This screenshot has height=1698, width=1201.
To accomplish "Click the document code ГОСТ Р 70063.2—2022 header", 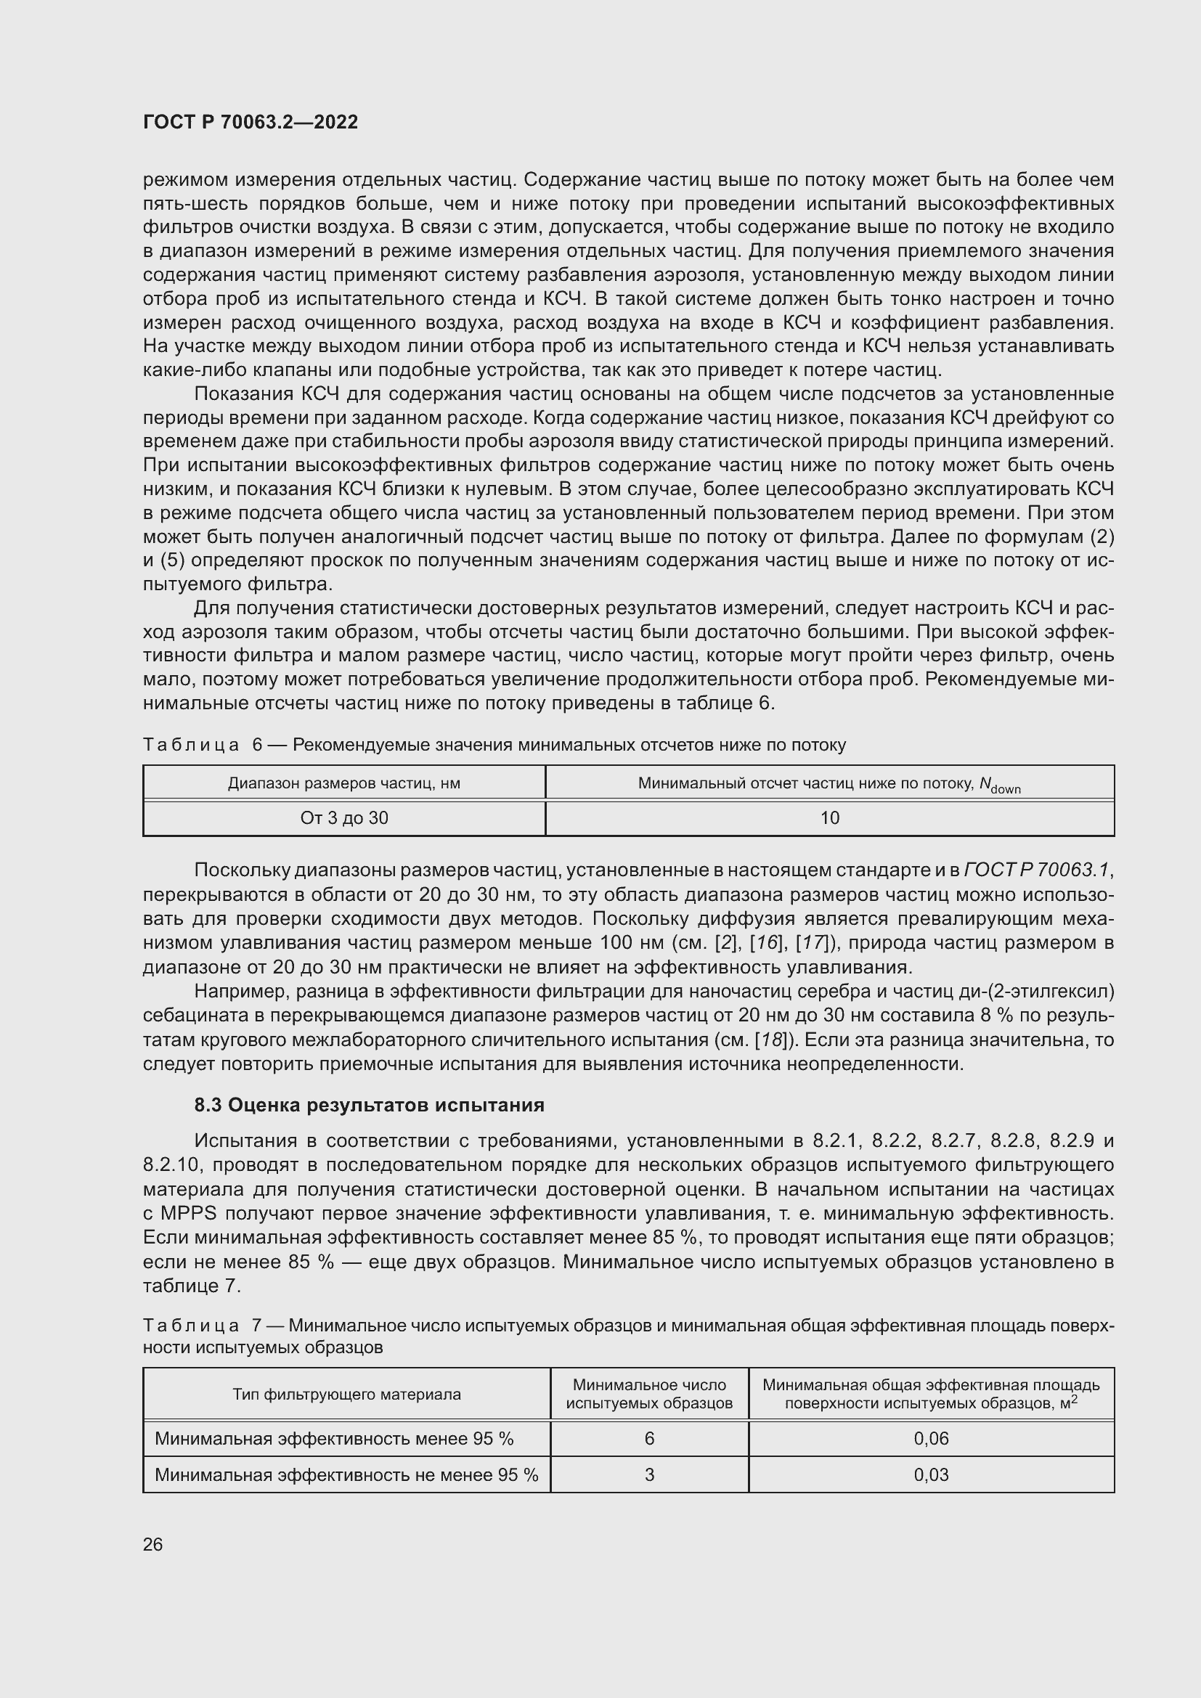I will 250,122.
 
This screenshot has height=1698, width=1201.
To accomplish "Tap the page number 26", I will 153,1544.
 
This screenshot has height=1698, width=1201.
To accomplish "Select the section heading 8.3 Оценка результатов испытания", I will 369,1105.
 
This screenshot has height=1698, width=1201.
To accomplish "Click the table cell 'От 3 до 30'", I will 344,818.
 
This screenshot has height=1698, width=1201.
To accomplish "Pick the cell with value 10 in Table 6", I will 830,818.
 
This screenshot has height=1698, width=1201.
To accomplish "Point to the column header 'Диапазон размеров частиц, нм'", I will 344,783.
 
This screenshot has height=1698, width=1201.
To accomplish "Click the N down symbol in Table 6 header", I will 1000,785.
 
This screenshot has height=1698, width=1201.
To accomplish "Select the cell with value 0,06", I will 931,1438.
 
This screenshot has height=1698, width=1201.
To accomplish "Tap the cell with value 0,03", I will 931,1474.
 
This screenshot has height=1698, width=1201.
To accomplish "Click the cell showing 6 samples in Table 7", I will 649,1438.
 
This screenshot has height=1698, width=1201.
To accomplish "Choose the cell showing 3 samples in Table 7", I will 649,1474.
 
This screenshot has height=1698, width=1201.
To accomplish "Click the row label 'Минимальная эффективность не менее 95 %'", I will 346,1474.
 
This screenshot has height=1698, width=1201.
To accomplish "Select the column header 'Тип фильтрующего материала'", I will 346,1394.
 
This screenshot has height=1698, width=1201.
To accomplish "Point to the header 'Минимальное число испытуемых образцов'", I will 649,1394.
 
